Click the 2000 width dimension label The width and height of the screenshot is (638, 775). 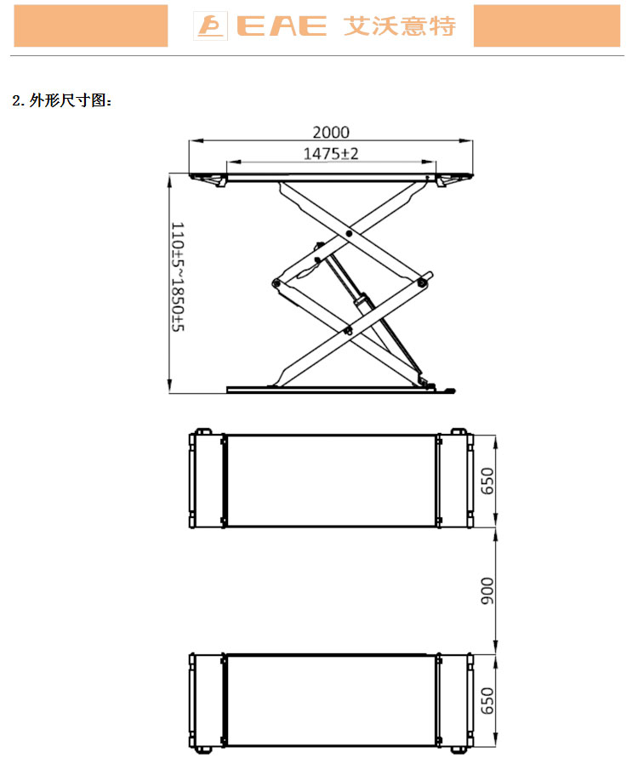pyautogui.click(x=331, y=132)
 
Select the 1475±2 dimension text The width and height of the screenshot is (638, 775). pyautogui.click(x=331, y=153)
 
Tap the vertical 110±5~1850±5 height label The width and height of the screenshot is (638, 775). pyautogui.click(x=178, y=276)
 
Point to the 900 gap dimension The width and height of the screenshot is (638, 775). pyautogui.click(x=487, y=590)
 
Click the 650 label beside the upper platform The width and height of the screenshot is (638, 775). pyautogui.click(x=487, y=481)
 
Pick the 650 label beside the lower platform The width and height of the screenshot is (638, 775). pyautogui.click(x=487, y=700)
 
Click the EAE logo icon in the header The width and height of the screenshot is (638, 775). pyautogui.click(x=210, y=26)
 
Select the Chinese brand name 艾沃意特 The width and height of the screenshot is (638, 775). pyautogui.click(x=399, y=26)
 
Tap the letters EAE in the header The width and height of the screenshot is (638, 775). pyautogui.click(x=282, y=26)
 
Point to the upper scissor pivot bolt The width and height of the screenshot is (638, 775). pyautogui.click(x=349, y=233)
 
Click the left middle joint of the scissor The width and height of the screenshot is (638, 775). pyautogui.click(x=276, y=283)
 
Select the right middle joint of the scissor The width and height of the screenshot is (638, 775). pyautogui.click(x=422, y=282)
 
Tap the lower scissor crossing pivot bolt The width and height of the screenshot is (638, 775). pyautogui.click(x=349, y=330)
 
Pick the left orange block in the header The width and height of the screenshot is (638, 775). pyautogui.click(x=91, y=26)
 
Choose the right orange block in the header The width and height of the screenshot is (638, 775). pyautogui.click(x=547, y=26)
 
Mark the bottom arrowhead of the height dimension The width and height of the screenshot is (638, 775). pyautogui.click(x=169, y=386)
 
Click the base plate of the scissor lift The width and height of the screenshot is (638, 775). pyautogui.click(x=331, y=390)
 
